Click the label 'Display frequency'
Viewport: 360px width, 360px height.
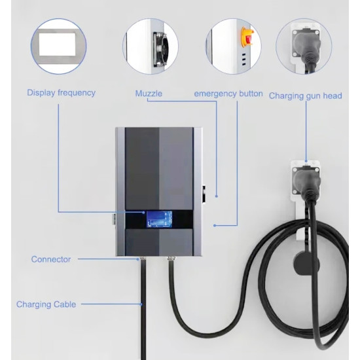61,93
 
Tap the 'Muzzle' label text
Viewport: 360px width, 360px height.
149,94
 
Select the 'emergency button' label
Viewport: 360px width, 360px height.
228,94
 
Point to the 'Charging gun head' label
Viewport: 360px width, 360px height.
306,96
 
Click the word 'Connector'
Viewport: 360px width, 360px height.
51,259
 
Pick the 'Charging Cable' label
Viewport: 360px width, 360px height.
46,304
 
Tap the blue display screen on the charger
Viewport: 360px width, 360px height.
159,219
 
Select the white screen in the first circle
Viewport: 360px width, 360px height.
57,45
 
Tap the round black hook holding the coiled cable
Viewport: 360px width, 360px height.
306,263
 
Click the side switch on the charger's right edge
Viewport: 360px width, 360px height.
204,194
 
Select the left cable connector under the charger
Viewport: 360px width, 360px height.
143,259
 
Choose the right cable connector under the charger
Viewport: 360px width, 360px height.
171,259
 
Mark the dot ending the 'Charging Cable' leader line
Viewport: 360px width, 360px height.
141,304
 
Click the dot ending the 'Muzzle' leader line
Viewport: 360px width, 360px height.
216,196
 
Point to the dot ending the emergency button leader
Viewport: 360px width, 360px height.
215,225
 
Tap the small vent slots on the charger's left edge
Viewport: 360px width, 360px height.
114,219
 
